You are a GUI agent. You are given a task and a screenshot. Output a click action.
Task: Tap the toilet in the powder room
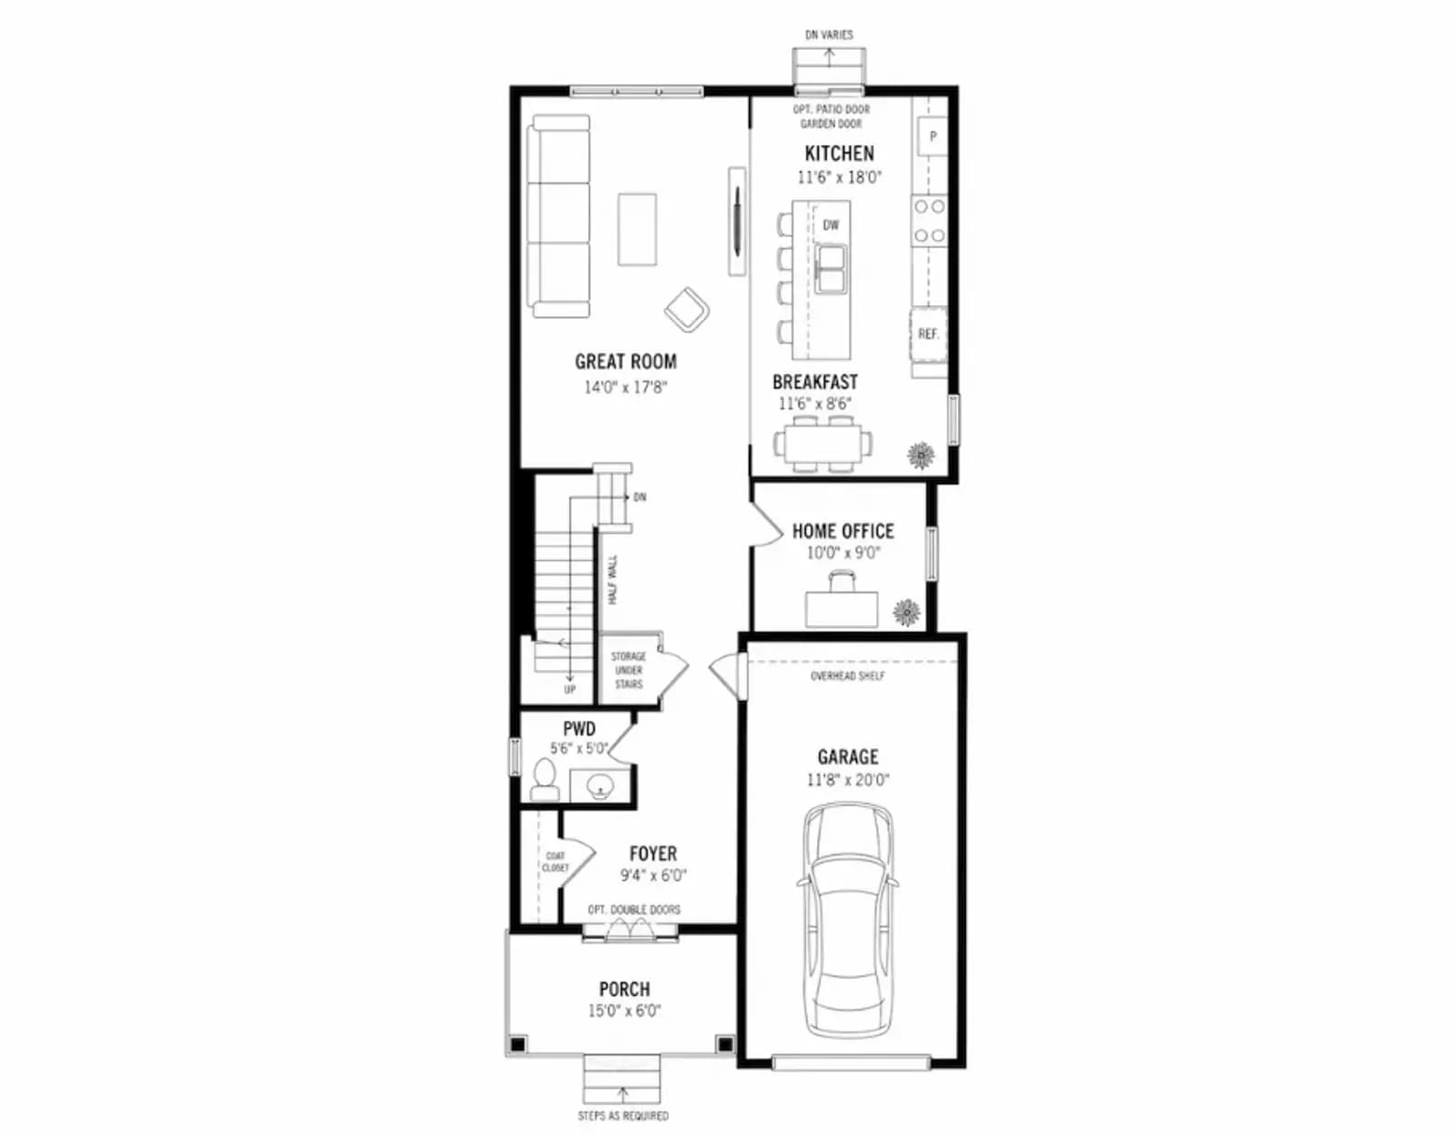[x=544, y=779]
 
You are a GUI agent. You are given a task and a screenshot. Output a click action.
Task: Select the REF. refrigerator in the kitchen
[x=928, y=334]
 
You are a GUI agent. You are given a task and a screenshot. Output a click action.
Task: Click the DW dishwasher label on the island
[x=831, y=225]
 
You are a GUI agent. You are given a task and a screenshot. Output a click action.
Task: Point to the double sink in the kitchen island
[x=831, y=268]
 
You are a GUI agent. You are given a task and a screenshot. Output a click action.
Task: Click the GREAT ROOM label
[x=625, y=362]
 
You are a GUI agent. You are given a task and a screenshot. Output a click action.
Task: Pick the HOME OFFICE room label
[x=843, y=532]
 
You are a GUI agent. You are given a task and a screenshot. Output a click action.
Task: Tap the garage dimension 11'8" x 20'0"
[x=848, y=781]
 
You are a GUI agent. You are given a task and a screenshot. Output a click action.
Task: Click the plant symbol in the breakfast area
[x=921, y=455]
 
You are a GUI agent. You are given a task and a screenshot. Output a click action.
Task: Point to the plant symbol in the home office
[x=907, y=612]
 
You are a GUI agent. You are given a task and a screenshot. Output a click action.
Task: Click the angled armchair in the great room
[x=687, y=308]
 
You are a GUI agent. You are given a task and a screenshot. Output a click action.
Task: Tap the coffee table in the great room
[x=637, y=230]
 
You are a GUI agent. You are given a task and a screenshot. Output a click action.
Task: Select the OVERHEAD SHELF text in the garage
[x=848, y=676]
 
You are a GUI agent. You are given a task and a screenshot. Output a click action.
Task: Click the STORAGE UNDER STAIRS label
[x=628, y=670]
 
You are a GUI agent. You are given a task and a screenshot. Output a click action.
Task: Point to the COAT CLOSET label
[x=555, y=862]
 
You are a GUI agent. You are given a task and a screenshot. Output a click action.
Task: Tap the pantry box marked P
[x=932, y=136]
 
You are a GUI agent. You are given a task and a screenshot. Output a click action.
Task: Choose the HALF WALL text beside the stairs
[x=612, y=580]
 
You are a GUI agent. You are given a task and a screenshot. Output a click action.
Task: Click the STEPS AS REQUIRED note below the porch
[x=623, y=1115]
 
